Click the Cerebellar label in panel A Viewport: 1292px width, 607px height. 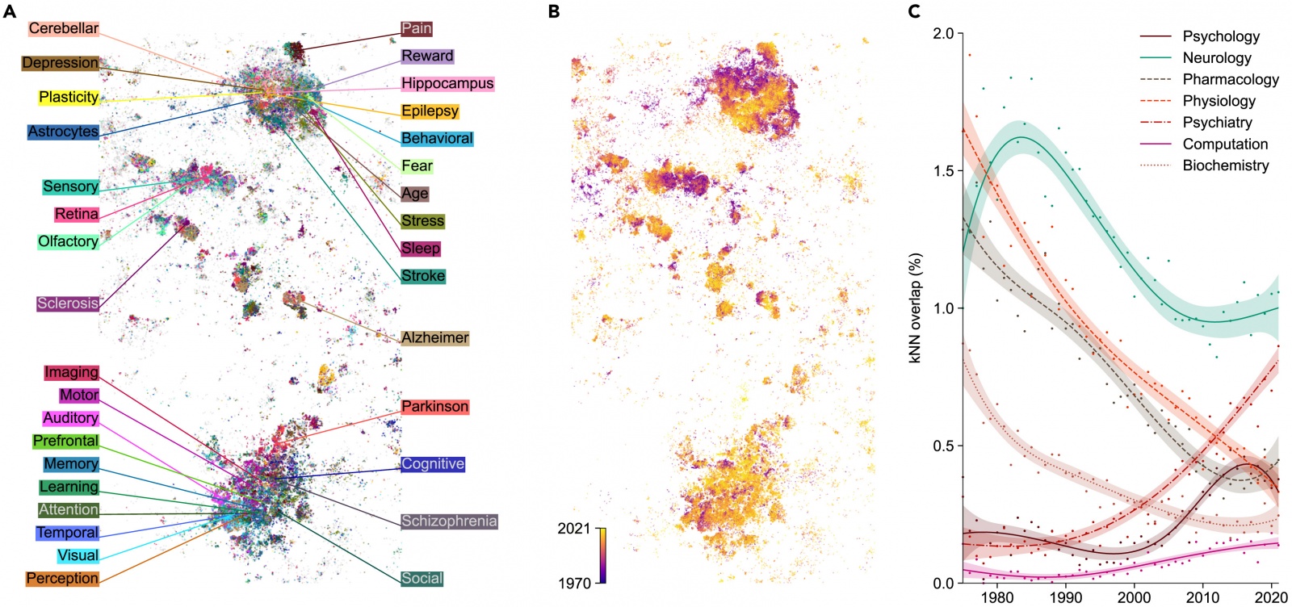(x=63, y=28)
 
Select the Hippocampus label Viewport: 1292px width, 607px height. (x=447, y=83)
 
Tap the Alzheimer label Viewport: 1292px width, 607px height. (x=434, y=337)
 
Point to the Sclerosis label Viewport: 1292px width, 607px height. (x=68, y=303)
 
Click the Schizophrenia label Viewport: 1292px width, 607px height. (x=449, y=521)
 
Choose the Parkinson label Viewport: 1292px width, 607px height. (x=434, y=407)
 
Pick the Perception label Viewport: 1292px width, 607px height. (x=62, y=579)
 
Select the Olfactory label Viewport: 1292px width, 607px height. (x=68, y=241)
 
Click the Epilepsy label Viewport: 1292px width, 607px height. (x=430, y=111)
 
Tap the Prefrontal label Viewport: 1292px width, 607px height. (x=65, y=441)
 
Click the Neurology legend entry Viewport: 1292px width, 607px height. (x=1216, y=57)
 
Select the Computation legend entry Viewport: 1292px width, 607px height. (x=1225, y=144)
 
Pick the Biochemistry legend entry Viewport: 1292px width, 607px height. (x=1225, y=165)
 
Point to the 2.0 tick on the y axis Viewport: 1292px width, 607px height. (x=942, y=33)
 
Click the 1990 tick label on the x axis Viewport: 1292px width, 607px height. (x=1066, y=597)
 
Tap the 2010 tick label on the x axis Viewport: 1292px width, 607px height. (x=1202, y=597)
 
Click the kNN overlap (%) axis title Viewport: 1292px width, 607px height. (x=915, y=308)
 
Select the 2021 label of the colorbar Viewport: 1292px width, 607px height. (x=574, y=529)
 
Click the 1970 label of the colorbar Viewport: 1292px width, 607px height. (x=574, y=583)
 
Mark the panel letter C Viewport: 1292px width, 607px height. (x=914, y=11)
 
